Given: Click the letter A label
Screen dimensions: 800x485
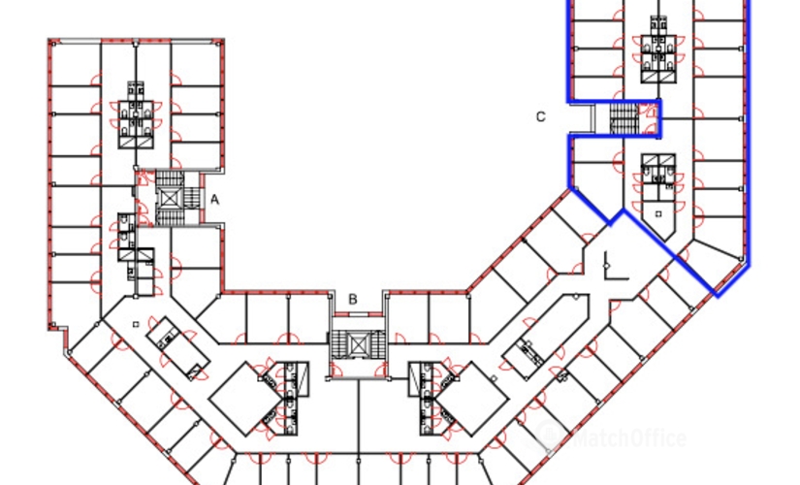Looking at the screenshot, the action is coord(215,200).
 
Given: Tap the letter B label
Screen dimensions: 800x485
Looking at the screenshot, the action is coord(353,300).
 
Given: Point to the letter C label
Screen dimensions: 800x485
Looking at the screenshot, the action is coord(541,117).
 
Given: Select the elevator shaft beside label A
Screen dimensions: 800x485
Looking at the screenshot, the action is coord(168,197).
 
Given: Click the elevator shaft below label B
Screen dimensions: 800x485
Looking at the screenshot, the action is coord(357,343).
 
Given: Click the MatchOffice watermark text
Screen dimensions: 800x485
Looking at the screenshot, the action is coord(630,438).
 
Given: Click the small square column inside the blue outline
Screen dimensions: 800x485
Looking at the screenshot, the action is coord(658,214).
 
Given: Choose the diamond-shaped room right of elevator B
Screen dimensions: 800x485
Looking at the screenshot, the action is coord(471,399).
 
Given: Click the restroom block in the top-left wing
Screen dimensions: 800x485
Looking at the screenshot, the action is coord(136,116).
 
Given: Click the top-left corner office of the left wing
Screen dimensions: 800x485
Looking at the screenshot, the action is coord(76,64).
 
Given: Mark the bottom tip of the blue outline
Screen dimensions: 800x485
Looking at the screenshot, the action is coord(718,296).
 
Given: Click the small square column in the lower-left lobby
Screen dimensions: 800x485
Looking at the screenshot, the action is coord(136,324).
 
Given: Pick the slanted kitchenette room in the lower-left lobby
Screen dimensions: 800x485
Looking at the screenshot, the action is coord(178,348).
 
